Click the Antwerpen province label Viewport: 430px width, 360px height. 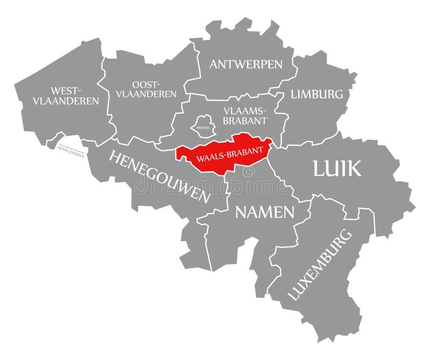246,65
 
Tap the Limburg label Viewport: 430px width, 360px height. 317,94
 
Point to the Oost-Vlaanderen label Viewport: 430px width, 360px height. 146,89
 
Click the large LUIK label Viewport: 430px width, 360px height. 337,169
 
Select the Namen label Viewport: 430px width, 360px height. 265,212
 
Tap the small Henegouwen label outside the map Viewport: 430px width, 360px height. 70,151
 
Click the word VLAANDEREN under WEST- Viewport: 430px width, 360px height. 66,101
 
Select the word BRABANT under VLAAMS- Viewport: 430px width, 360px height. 246,120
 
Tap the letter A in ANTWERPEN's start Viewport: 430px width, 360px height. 214,65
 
